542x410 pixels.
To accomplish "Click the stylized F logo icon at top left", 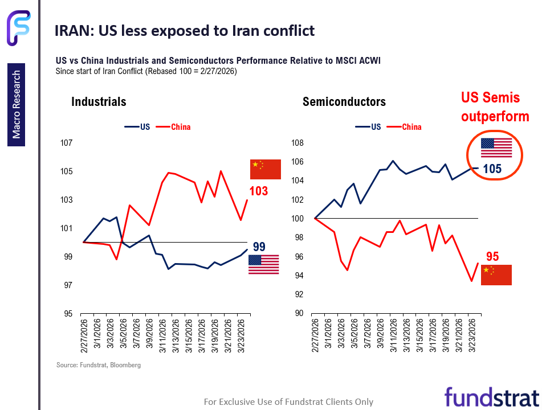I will tap(19, 27).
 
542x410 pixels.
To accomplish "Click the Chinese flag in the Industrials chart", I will tap(266, 170).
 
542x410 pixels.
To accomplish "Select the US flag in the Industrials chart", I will tap(263, 265).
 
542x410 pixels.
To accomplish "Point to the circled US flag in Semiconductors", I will tap(496, 147).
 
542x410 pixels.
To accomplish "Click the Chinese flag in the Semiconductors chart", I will tap(496, 274).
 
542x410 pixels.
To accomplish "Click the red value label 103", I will tap(258, 191).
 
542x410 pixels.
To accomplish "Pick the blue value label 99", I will tap(259, 247).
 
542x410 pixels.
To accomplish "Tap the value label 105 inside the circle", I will tap(492, 169).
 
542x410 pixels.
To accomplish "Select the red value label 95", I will tap(492, 256).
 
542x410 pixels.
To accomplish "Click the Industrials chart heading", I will tap(99, 102).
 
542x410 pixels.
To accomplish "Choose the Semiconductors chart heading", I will tap(344, 102).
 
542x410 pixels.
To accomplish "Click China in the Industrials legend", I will tap(181, 127).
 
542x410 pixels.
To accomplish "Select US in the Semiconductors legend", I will tap(376, 127).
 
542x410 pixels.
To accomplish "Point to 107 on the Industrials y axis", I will tap(67, 143).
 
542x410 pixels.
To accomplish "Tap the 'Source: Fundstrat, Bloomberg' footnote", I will tap(98, 365).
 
